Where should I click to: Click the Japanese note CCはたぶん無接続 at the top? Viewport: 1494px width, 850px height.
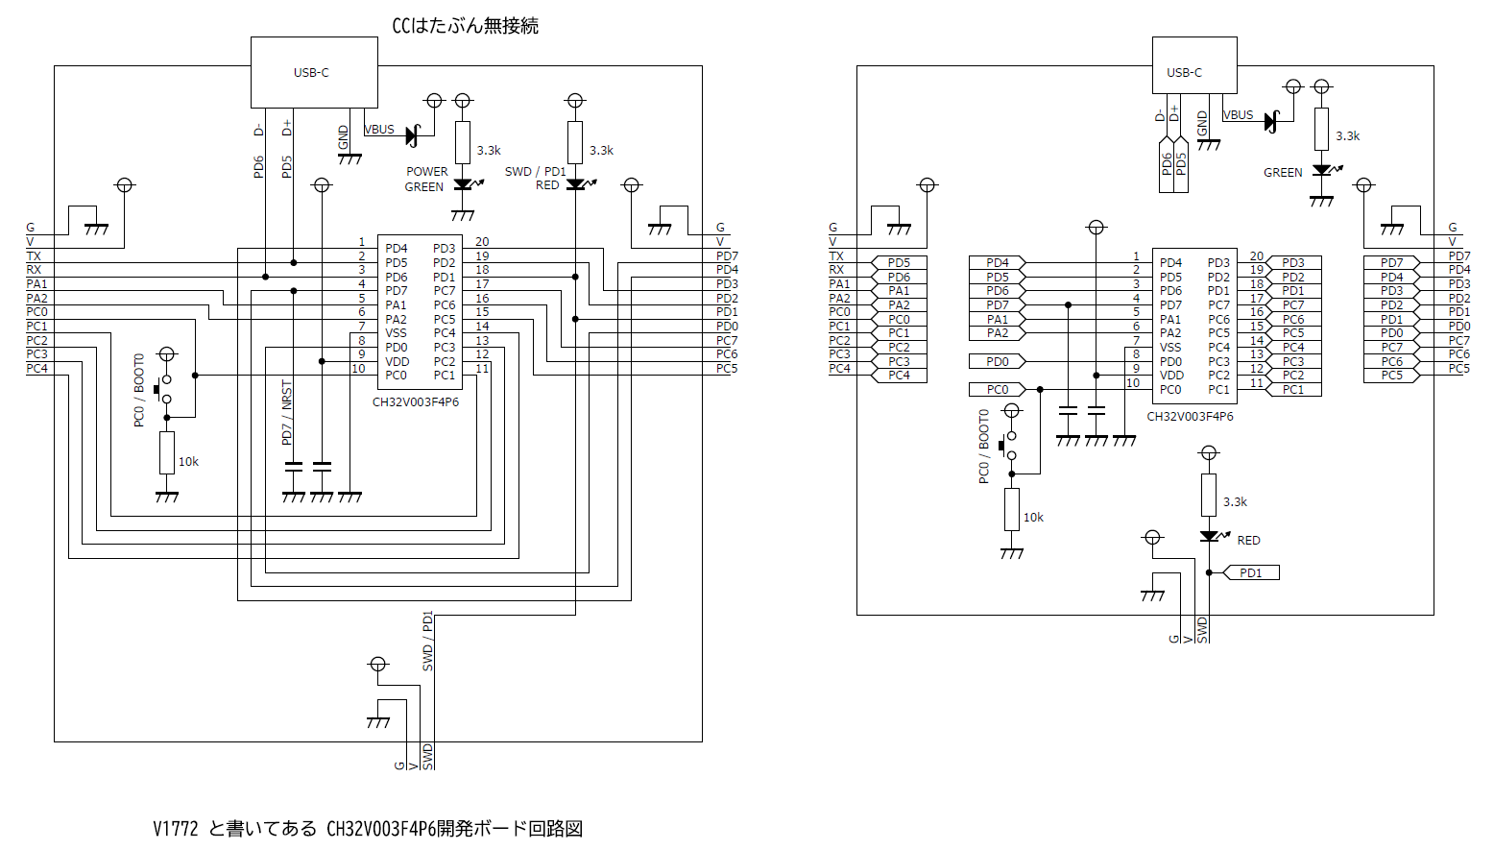(x=465, y=26)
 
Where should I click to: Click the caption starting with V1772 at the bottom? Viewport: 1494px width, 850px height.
(x=368, y=828)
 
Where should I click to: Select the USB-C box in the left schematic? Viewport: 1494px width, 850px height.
(x=313, y=73)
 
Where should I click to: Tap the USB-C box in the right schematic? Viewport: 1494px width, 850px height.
(x=1193, y=65)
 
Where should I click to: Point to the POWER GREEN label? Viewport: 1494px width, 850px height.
(x=425, y=180)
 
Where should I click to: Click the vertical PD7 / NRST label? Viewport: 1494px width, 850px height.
(x=286, y=412)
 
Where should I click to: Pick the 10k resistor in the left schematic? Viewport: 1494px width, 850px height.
(x=167, y=452)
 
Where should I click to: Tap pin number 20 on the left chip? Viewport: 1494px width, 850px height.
(x=482, y=242)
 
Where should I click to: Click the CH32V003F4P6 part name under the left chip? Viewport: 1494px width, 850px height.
(x=416, y=401)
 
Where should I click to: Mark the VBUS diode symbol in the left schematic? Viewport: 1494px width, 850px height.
(x=412, y=136)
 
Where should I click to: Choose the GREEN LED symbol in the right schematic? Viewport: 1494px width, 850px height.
(x=1322, y=171)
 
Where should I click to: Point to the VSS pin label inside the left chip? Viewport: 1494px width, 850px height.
(x=396, y=333)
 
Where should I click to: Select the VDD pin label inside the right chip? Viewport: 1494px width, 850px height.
(x=1171, y=376)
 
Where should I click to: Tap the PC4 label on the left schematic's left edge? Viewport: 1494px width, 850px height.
(x=36, y=369)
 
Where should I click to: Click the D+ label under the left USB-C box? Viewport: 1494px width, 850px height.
(x=286, y=129)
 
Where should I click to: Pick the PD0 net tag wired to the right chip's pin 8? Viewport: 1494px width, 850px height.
(x=998, y=362)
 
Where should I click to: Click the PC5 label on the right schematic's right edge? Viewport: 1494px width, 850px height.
(x=1458, y=369)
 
